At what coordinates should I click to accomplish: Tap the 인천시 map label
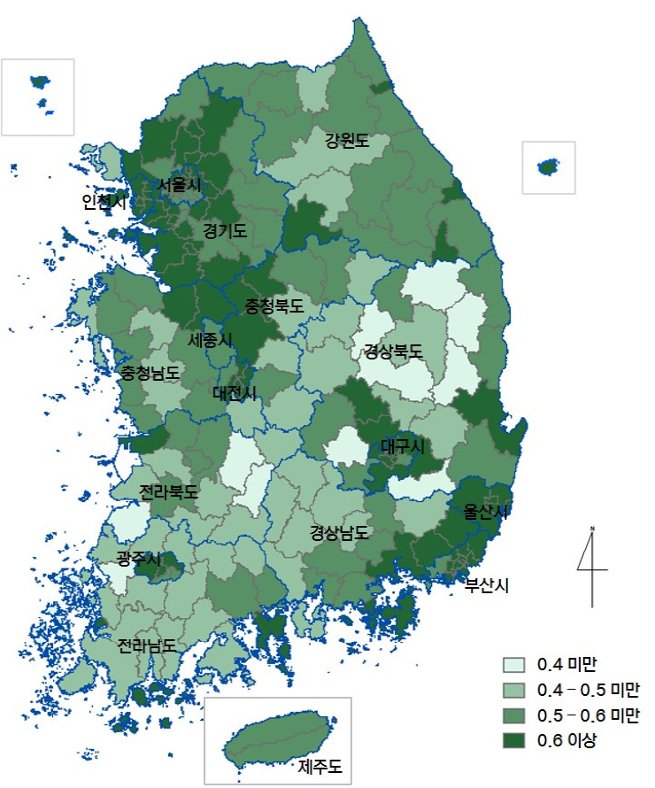104,202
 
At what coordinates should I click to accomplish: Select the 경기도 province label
225,231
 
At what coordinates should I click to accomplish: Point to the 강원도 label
346,140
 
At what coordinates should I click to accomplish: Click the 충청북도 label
274,306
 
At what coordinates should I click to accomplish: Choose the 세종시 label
210,340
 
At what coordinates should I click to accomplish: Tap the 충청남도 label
150,373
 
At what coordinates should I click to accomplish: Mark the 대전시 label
235,392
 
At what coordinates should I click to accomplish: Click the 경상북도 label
393,352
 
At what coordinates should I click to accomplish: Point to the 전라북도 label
168,491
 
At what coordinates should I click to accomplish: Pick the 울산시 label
487,512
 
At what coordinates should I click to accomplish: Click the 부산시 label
487,584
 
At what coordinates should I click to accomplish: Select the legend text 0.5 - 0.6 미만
588,715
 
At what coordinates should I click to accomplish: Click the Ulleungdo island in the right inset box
549,166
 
